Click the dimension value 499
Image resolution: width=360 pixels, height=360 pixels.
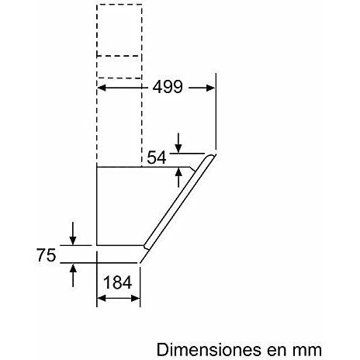168,87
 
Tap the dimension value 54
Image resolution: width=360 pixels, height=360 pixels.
157,157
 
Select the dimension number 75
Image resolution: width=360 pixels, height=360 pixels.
47,255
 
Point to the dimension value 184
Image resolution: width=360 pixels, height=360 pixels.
118,282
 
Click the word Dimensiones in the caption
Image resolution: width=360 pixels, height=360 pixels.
209,350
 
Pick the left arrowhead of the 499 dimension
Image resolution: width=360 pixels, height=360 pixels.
102,88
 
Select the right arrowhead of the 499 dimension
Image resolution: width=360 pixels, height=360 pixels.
210,88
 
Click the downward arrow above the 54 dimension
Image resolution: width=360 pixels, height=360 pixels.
178,143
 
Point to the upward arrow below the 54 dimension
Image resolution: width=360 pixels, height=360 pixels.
178,178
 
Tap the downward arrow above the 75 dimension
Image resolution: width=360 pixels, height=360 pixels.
73,233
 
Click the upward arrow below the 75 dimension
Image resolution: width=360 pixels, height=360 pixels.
73,275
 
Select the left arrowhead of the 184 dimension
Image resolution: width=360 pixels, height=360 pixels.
102,298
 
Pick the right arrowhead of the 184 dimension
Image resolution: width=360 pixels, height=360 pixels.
136,298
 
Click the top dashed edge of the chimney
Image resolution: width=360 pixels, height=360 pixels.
119,5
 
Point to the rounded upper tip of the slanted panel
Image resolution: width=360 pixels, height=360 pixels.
212,155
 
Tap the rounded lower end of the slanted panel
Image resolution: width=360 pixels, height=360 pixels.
147,247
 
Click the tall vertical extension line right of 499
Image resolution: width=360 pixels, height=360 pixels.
216,111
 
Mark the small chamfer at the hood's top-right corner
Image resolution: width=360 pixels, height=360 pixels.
192,169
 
